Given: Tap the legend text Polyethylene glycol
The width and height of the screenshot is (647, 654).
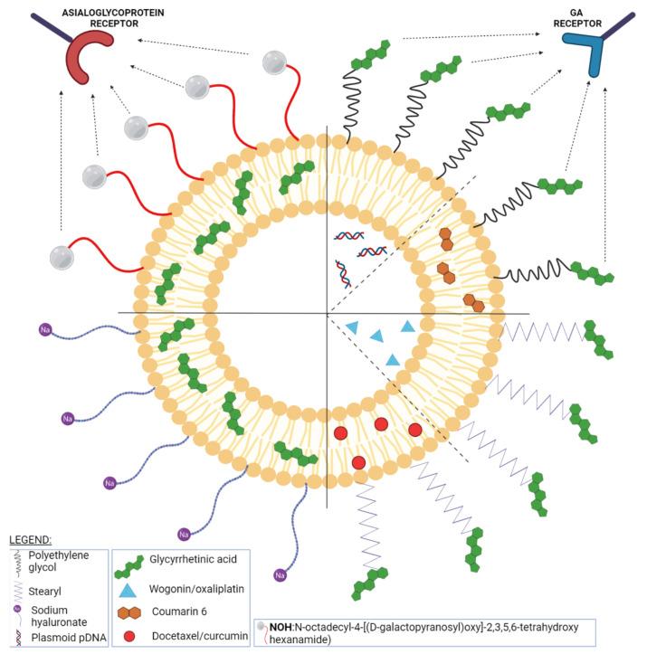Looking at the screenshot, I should click(x=57, y=562).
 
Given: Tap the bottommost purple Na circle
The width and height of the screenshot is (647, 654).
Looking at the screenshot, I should click(x=281, y=574).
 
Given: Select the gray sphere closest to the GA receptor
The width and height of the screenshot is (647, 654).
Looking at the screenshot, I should click(x=274, y=62).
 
